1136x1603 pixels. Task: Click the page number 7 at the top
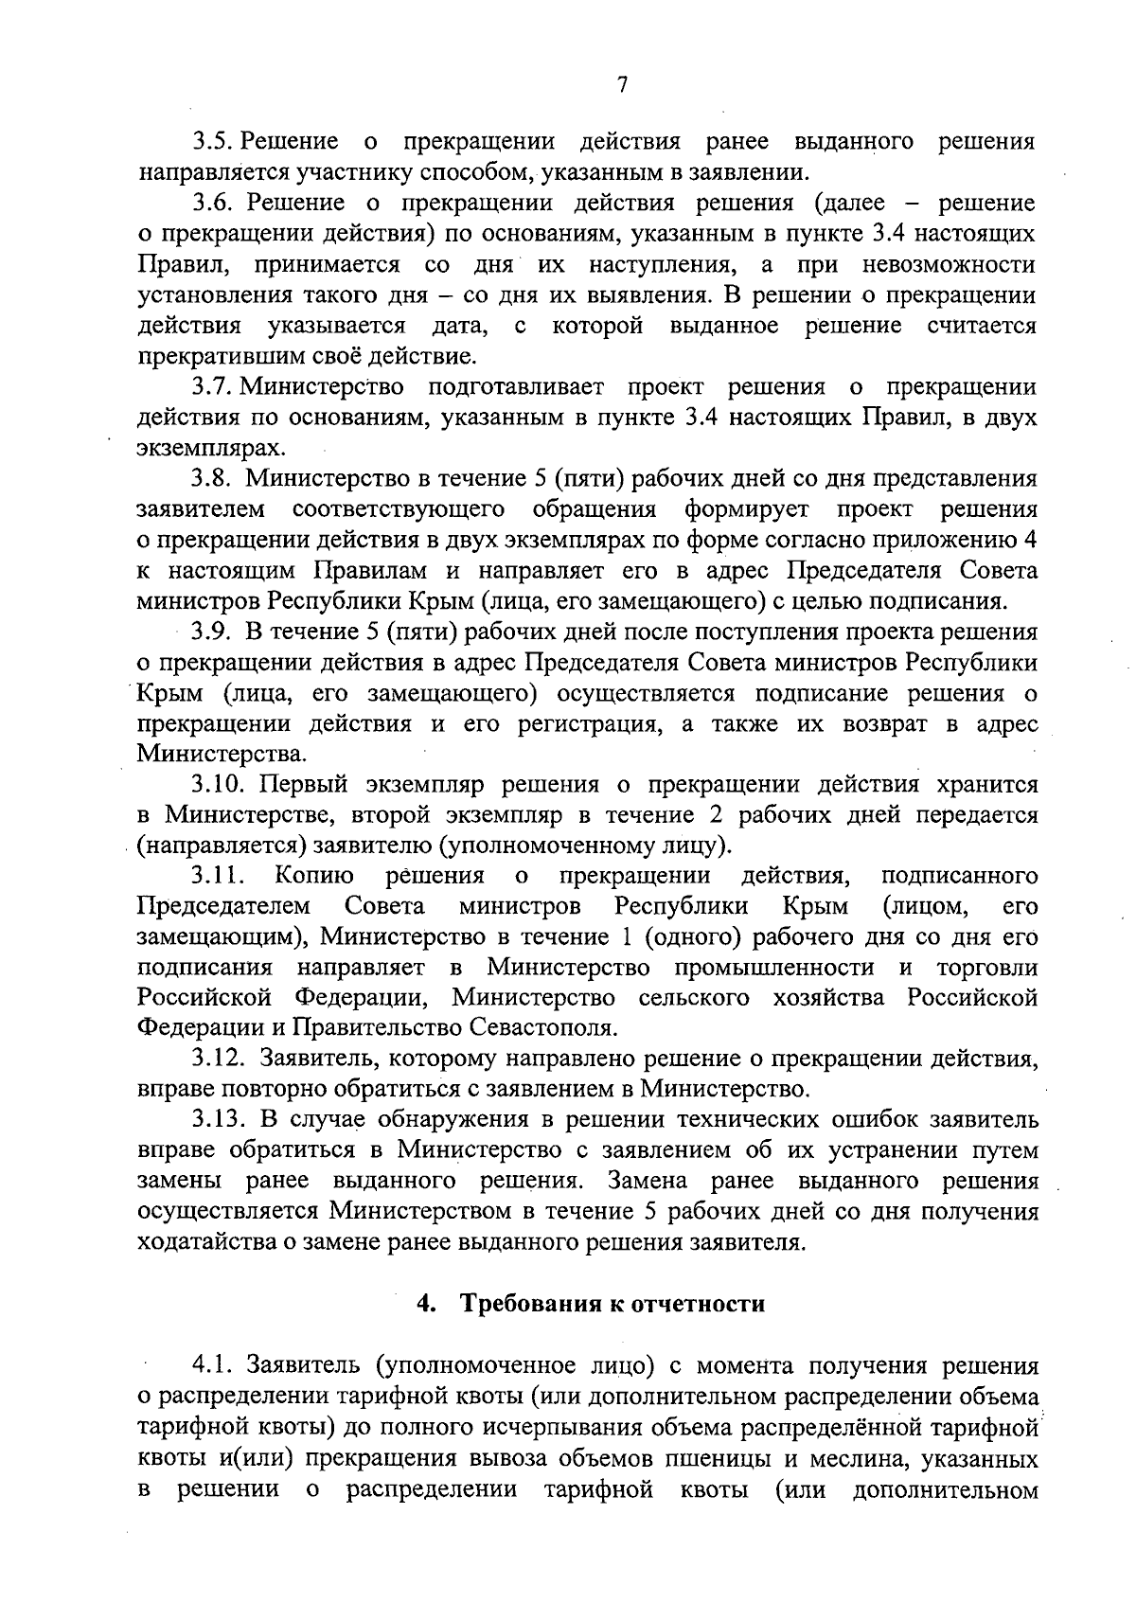[622, 85]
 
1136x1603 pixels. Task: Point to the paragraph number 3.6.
[214, 204]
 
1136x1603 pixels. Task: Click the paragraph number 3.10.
[220, 784]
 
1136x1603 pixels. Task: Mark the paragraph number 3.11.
[219, 876]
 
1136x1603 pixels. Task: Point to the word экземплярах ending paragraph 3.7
[209, 448]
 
